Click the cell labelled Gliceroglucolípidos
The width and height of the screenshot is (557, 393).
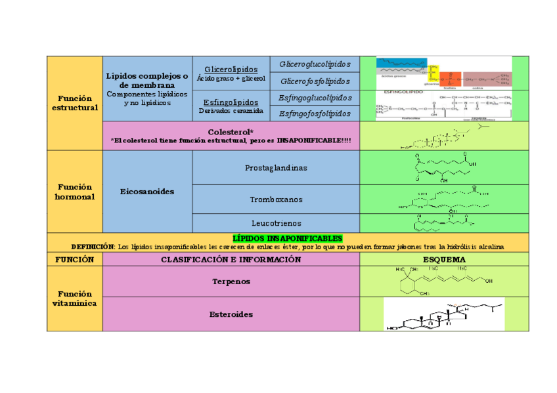coord(315,64)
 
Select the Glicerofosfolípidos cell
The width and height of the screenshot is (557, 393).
coord(315,81)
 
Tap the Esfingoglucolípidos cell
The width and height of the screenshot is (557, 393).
coord(315,98)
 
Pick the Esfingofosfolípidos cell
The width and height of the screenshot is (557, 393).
coord(315,114)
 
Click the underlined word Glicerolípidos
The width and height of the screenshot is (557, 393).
coord(231,70)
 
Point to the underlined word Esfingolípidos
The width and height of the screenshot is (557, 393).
coord(231,102)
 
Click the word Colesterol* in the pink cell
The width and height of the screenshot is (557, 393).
coord(231,132)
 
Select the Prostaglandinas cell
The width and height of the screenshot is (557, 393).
coord(276,168)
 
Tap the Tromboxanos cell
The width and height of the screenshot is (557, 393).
coord(276,199)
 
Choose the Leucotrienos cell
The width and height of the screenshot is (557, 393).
coord(276,223)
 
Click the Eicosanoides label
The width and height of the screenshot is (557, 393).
coord(147,192)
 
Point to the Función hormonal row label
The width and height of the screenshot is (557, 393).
coord(74,192)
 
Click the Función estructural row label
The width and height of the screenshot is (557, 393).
coord(74,103)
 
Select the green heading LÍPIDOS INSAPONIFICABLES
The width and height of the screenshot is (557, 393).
coord(288,238)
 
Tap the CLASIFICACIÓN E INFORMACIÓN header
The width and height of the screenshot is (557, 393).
coord(231,259)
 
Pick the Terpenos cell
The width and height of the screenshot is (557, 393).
coord(231,281)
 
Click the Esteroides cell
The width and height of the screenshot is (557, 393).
coord(231,314)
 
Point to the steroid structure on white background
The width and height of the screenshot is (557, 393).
coord(444,315)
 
